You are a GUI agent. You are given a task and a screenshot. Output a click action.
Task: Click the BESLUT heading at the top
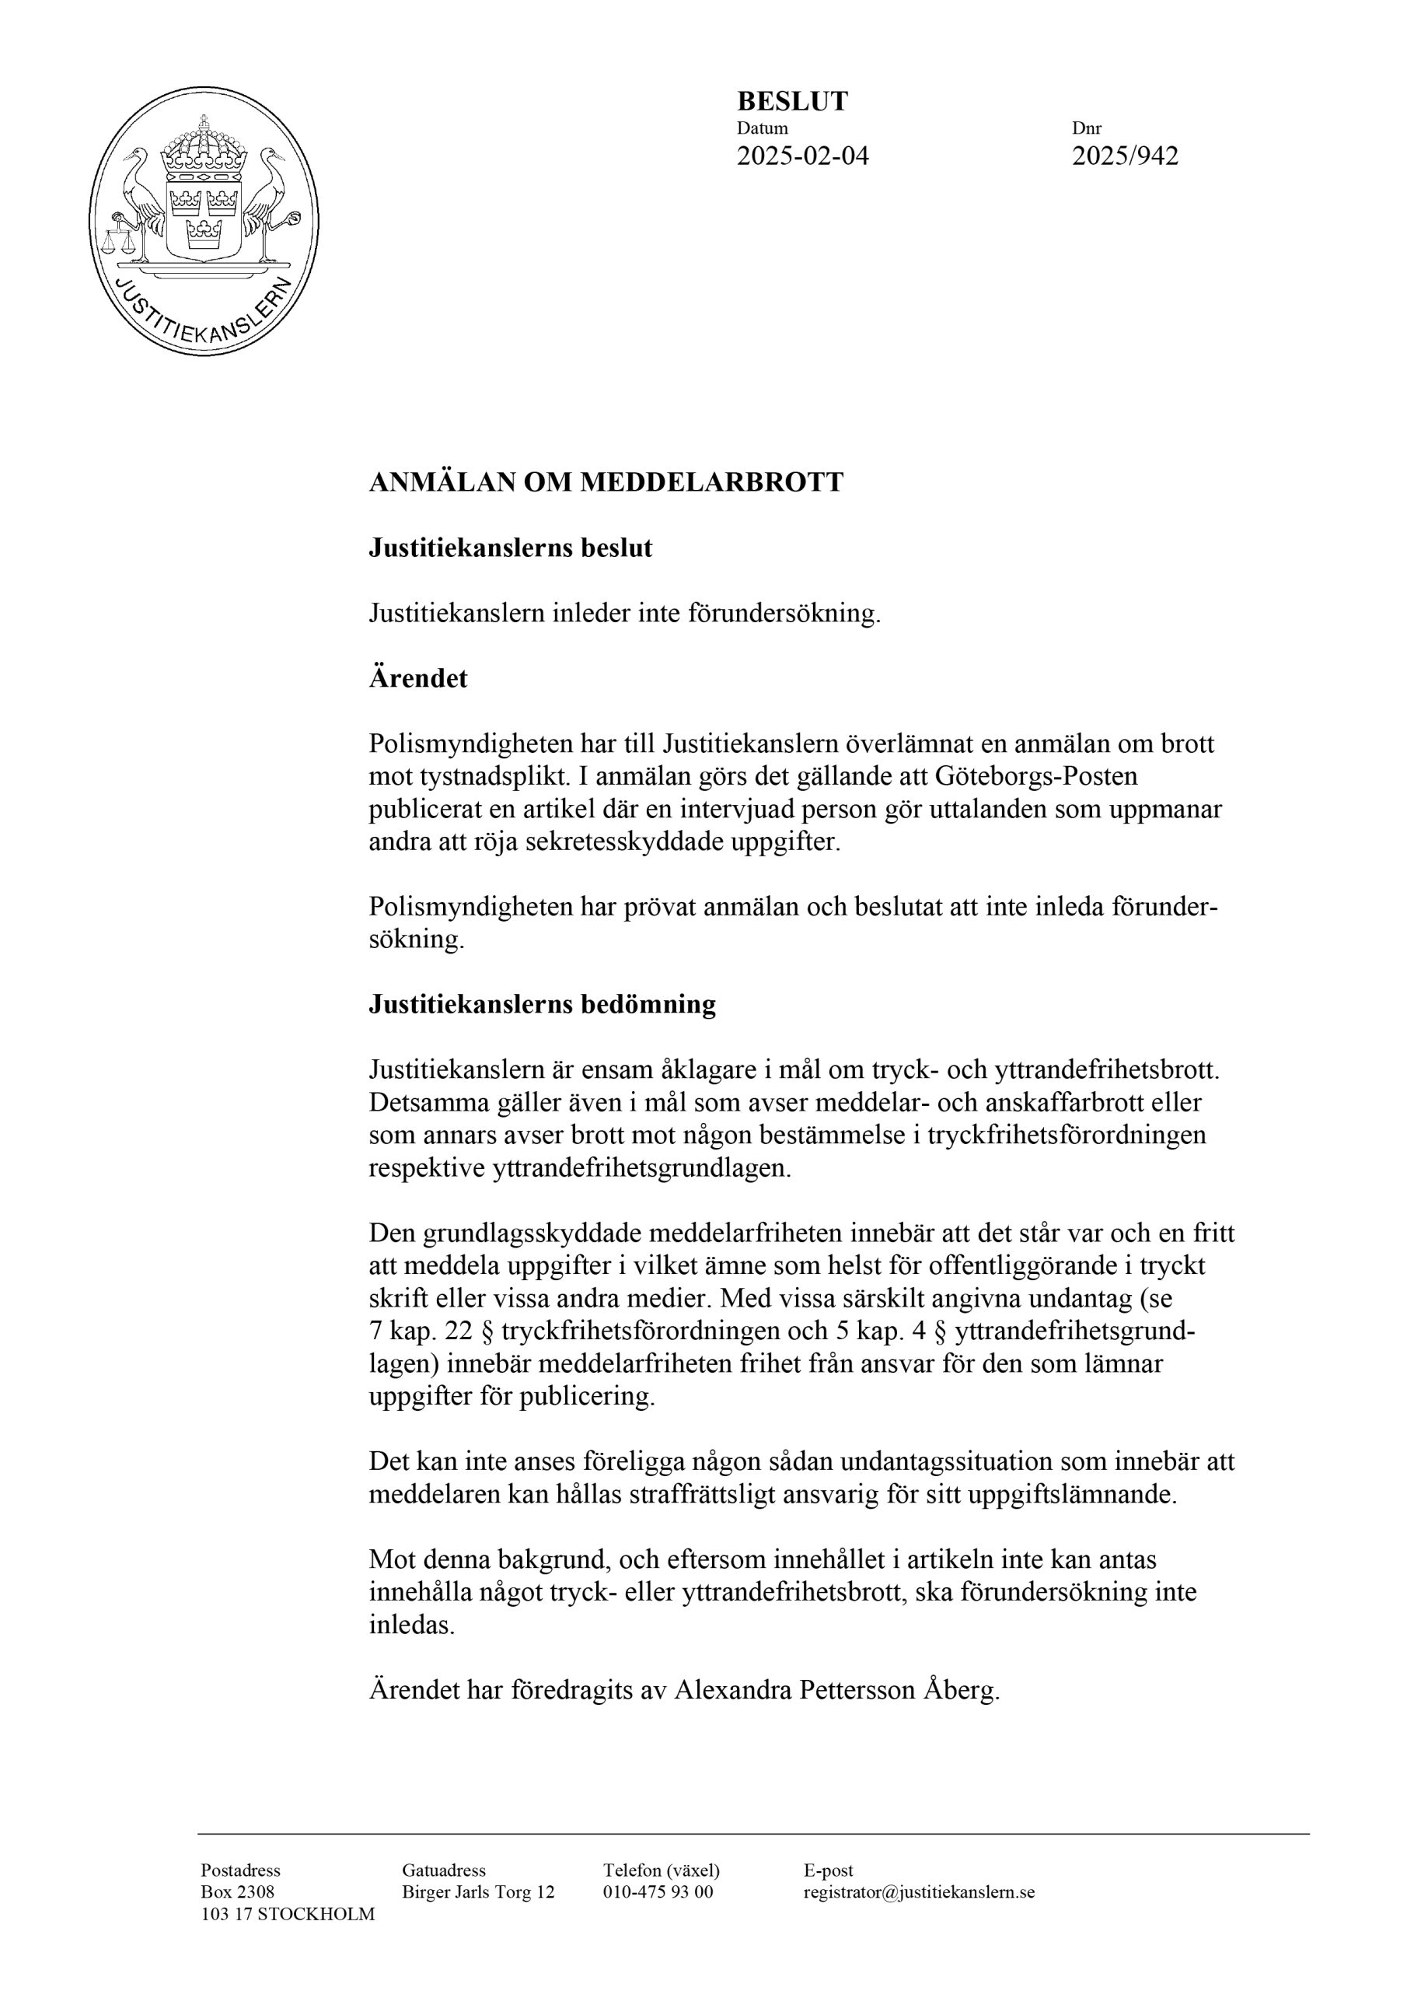pyautogui.click(x=791, y=101)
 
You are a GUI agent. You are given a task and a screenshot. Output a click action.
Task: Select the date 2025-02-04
pyautogui.click(x=802, y=156)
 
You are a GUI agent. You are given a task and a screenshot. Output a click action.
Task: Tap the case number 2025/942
pyautogui.click(x=1124, y=156)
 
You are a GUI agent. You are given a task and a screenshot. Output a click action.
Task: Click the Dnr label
pyautogui.click(x=1086, y=128)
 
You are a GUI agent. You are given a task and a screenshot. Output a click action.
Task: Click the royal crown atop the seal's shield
pyautogui.click(x=204, y=148)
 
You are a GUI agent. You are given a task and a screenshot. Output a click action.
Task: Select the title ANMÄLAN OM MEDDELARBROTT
pyautogui.click(x=606, y=482)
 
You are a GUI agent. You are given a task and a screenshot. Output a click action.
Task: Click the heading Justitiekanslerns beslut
pyautogui.click(x=511, y=548)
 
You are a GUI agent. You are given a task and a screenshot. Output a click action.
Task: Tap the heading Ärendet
pyautogui.click(x=418, y=678)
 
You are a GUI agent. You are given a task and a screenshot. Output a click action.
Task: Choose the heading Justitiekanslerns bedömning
pyautogui.click(x=543, y=1004)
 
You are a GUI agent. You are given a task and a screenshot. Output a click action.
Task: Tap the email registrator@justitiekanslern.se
pyautogui.click(x=919, y=1892)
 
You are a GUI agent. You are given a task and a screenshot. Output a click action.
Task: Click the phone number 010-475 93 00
pyautogui.click(x=658, y=1892)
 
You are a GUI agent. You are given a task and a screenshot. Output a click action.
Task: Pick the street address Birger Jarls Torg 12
pyautogui.click(x=477, y=1892)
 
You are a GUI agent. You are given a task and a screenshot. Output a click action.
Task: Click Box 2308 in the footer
pyautogui.click(x=238, y=1892)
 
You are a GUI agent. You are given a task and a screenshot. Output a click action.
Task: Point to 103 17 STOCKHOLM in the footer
pyautogui.click(x=288, y=1914)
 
